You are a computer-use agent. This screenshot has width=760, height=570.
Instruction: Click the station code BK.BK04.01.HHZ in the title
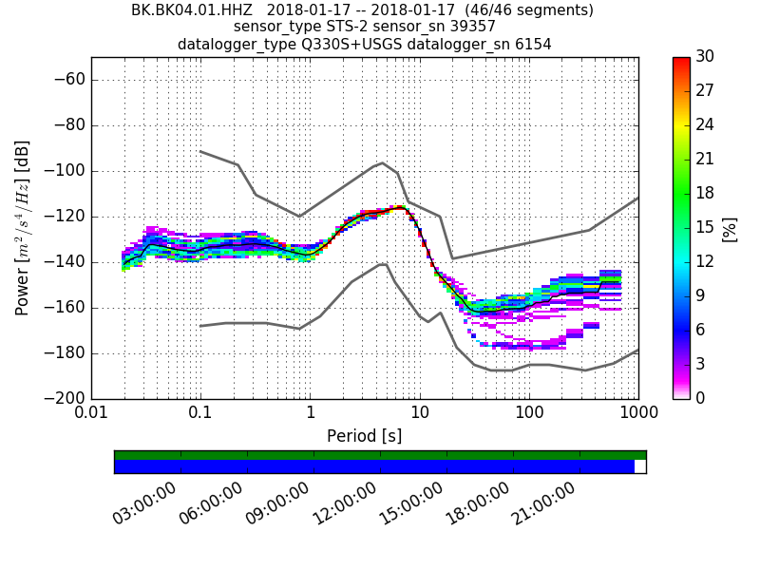pyautogui.click(x=192, y=10)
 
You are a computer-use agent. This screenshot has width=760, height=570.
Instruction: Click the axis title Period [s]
pyautogui.click(x=364, y=436)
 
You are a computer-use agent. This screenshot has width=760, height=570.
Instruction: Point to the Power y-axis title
pyautogui.click(x=23, y=228)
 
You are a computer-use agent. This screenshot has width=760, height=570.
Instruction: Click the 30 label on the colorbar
pyautogui.click(x=705, y=57)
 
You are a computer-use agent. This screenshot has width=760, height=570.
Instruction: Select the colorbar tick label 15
pyautogui.click(x=705, y=227)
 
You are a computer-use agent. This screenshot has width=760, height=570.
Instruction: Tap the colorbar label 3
pyautogui.click(x=701, y=364)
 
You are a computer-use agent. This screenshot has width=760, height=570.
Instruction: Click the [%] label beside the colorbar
pyautogui.click(x=730, y=228)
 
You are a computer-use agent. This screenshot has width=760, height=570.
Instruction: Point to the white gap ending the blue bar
pyautogui.click(x=639, y=466)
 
